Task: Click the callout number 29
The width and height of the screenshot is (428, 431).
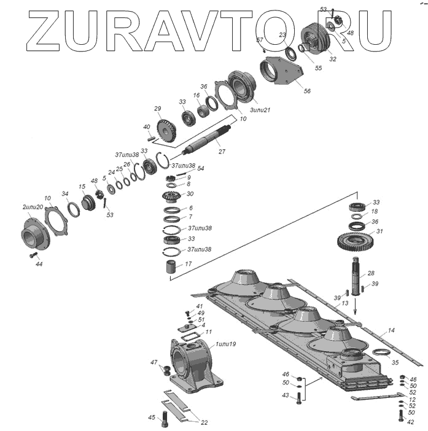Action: coord(157,109)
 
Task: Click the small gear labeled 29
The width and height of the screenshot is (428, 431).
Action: coord(166,131)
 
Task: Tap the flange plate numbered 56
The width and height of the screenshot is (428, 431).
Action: coord(282,72)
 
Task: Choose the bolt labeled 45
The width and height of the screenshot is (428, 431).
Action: coord(164,423)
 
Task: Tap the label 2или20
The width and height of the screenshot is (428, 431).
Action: coord(32,207)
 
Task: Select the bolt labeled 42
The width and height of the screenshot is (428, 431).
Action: coord(402,416)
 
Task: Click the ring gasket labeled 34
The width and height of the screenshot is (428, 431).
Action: coord(73,209)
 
